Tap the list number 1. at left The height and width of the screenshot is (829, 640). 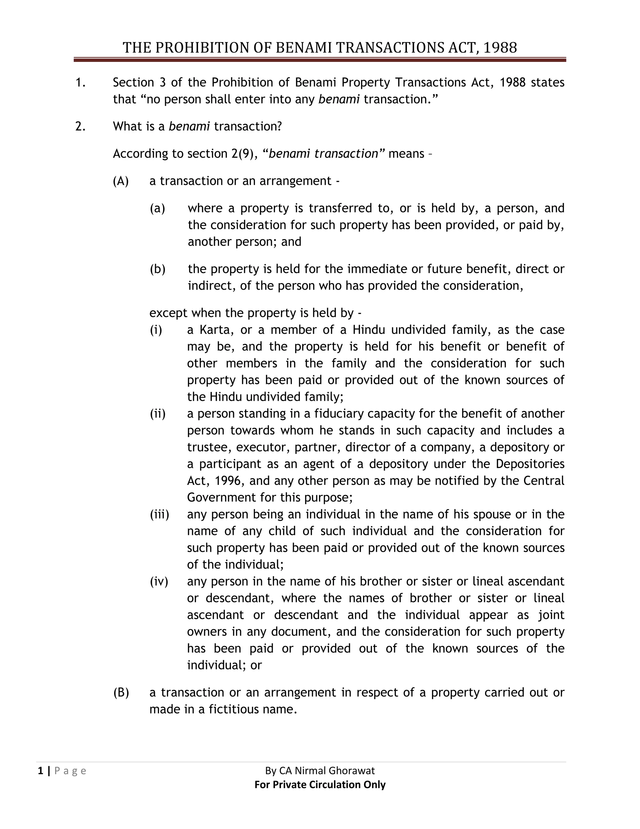(x=80, y=82)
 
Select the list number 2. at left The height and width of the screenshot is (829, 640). (x=80, y=126)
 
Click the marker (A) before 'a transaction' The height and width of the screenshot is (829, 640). (x=121, y=181)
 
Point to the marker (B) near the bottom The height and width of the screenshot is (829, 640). (x=121, y=693)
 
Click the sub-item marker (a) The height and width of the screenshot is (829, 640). (x=157, y=208)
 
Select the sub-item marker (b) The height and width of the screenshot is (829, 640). (x=157, y=269)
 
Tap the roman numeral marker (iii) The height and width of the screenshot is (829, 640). (x=159, y=514)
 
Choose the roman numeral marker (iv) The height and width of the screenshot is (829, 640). (x=159, y=581)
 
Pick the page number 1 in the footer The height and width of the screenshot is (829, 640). (x=40, y=771)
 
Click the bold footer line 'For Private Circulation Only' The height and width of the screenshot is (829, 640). (x=320, y=785)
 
